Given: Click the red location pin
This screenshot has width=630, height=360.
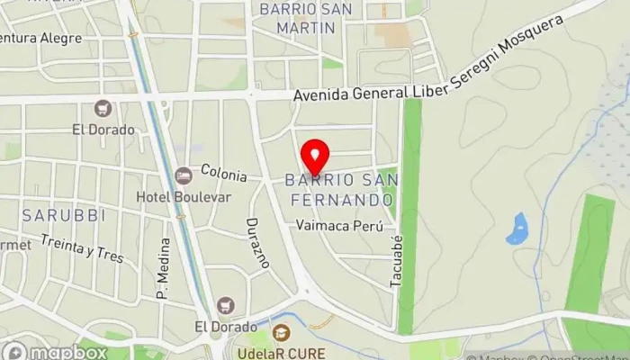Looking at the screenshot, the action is (x=314, y=156).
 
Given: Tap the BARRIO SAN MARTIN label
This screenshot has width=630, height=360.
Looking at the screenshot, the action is (x=297, y=18).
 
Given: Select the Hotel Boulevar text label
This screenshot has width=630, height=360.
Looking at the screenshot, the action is (x=196, y=196).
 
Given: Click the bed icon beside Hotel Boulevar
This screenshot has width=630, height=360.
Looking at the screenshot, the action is (x=184, y=174).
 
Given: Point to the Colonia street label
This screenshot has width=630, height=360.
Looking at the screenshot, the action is (x=224, y=170).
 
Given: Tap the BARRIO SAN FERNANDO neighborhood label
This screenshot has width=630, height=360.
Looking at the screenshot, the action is (x=339, y=189).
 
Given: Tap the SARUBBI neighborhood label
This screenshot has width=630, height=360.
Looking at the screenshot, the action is (x=51, y=215).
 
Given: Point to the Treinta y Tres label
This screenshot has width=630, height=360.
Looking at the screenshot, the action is (x=83, y=248).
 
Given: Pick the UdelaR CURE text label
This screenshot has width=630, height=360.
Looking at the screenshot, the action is (x=282, y=352).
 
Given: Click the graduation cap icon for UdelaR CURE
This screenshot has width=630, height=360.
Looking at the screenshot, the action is (x=281, y=332).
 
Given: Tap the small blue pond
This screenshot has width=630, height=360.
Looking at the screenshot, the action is (x=517, y=229).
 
